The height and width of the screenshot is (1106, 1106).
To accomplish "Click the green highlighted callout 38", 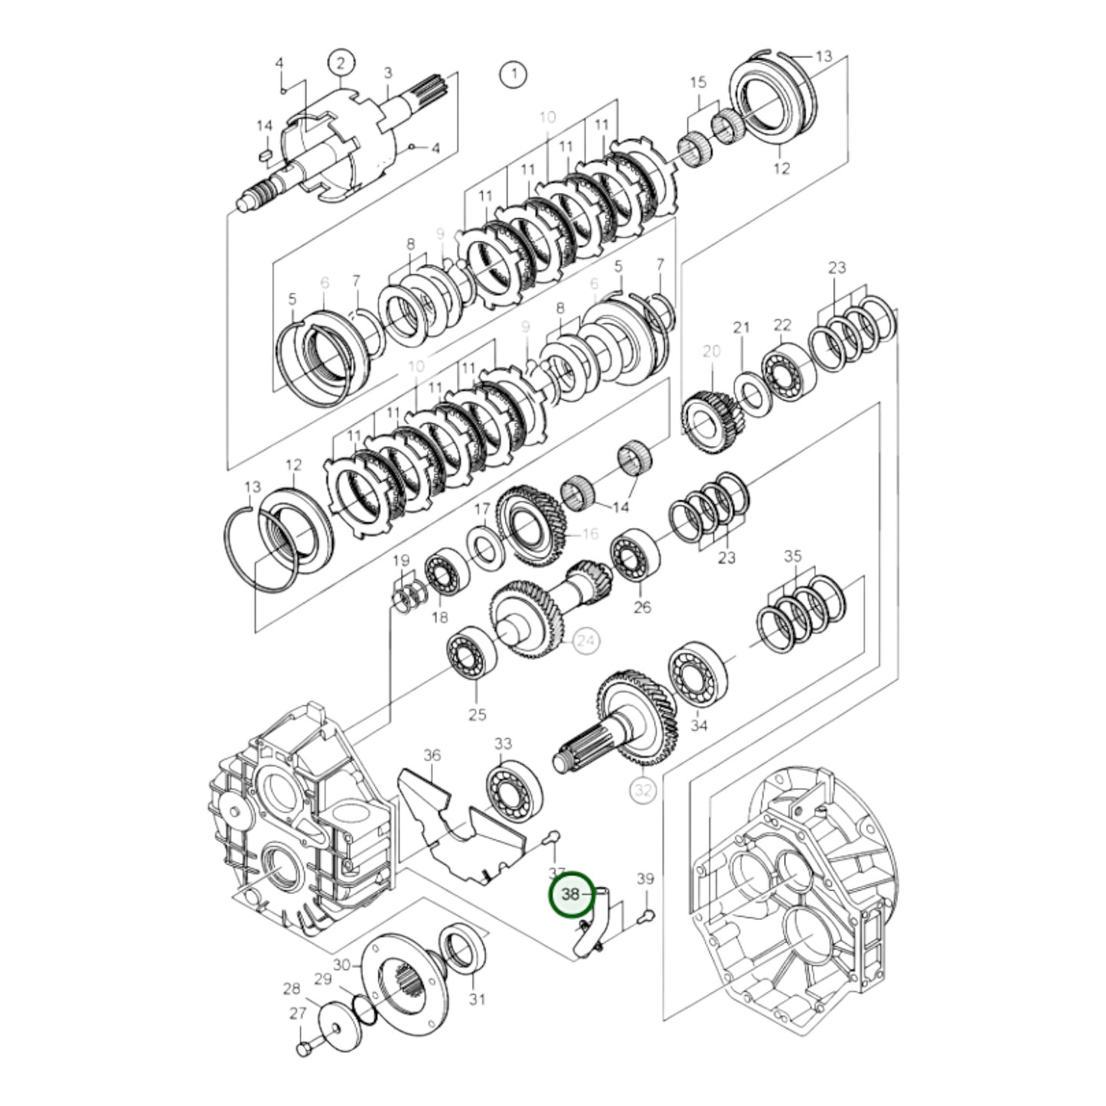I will pyautogui.click(x=571, y=894).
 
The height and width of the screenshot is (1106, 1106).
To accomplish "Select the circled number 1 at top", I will pyautogui.click(x=513, y=74).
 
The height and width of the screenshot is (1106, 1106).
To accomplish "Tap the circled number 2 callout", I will pyautogui.click(x=341, y=61).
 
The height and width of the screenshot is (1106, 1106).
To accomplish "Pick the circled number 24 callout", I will pyautogui.click(x=586, y=641).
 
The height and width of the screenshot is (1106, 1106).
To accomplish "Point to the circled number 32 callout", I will pyautogui.click(x=643, y=789).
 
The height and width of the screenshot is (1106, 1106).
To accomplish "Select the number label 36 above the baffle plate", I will pyautogui.click(x=432, y=755).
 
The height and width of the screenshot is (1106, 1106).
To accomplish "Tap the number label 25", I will pyautogui.click(x=477, y=715).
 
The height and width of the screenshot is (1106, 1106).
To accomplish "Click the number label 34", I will pyautogui.click(x=699, y=725).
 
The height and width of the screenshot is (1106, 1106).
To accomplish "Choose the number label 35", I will pyautogui.click(x=793, y=556).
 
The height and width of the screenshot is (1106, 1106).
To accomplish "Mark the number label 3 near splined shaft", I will pyautogui.click(x=388, y=73).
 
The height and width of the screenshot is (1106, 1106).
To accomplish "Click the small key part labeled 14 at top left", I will pyautogui.click(x=265, y=155).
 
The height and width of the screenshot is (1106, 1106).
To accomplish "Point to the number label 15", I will pyautogui.click(x=697, y=82).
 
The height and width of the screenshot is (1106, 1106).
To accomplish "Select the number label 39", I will pyautogui.click(x=645, y=879).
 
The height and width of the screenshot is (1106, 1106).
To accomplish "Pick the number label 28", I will pyautogui.click(x=292, y=988).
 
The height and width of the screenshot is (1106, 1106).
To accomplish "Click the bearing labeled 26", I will pyautogui.click(x=635, y=555).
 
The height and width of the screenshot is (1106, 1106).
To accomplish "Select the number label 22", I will pyautogui.click(x=781, y=325).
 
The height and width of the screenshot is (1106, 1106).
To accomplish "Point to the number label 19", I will pyautogui.click(x=401, y=561).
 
